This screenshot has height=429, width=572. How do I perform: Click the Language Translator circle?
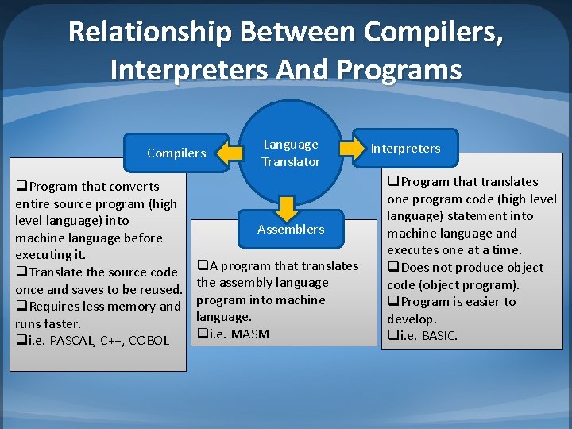(x=291, y=153)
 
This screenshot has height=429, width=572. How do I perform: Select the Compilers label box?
(x=176, y=153)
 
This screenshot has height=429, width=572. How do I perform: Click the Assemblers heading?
(x=291, y=229)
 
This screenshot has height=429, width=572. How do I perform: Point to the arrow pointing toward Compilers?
(x=231, y=151)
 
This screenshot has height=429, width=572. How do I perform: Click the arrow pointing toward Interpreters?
(x=350, y=147)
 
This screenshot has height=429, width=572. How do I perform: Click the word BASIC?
(x=440, y=336)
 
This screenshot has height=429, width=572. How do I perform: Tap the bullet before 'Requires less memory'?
(x=21, y=307)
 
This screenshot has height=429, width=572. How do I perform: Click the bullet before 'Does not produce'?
(x=393, y=268)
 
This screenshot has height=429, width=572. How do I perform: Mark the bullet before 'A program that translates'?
(x=203, y=265)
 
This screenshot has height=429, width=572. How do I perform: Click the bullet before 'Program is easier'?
(x=393, y=302)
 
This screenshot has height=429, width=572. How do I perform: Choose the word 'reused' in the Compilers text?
(x=161, y=290)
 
